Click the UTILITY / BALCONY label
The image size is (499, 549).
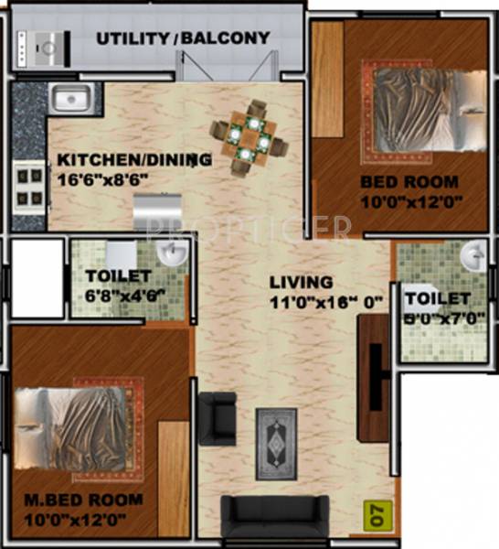(183, 38)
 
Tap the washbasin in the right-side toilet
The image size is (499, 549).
(472, 256)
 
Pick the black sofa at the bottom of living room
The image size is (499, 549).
(275, 519)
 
